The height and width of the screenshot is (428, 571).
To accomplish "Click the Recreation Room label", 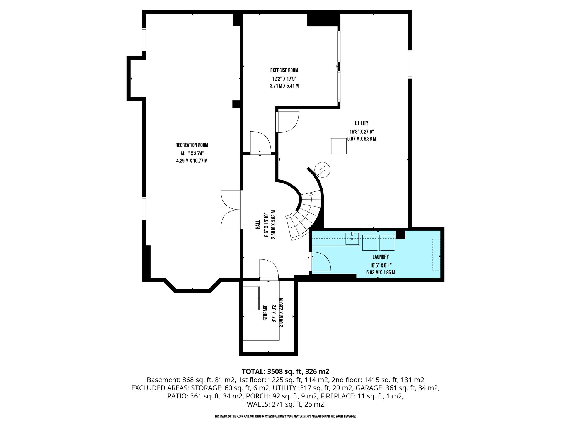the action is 192,145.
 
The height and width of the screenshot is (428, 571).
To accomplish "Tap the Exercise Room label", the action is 284,70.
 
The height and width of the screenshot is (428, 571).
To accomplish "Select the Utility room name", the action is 362,123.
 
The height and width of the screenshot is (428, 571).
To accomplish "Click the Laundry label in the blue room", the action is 381,257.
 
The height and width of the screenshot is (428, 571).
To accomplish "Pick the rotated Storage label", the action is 265,313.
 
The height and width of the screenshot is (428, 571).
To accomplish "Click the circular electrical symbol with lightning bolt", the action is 322,170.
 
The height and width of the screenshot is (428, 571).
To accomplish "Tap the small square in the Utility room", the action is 338,146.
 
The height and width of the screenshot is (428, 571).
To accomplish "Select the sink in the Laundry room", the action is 352,238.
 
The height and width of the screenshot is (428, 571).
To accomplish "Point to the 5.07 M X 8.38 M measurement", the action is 362,139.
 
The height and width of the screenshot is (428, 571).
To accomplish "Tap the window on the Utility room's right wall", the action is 410,64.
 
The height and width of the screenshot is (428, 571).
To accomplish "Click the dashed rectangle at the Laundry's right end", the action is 436,254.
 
